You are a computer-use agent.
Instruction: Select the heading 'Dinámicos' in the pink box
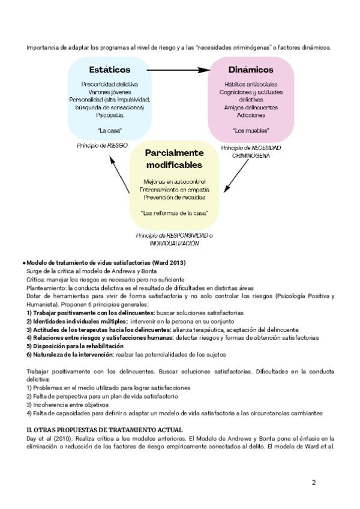point(251,70)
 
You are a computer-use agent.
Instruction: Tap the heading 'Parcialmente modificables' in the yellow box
point(175,158)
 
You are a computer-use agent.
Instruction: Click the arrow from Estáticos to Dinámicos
point(178,70)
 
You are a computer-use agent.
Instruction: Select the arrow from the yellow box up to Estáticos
point(120,175)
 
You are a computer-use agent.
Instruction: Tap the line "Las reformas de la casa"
point(175,213)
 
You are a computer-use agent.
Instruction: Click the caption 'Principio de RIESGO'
point(103,146)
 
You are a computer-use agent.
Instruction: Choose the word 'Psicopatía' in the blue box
point(110,115)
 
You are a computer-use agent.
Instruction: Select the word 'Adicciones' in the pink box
point(251,115)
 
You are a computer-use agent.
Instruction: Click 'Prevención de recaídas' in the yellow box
point(175,197)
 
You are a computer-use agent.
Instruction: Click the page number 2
point(313,482)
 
